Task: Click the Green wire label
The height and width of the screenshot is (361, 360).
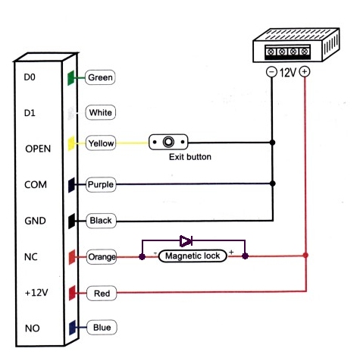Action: [x=100, y=77]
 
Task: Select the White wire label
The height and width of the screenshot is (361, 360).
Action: [x=101, y=112]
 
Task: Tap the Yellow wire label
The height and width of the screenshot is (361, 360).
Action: [x=101, y=143]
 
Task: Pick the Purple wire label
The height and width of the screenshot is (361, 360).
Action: [x=101, y=184]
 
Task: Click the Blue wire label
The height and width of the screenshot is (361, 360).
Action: [x=102, y=328]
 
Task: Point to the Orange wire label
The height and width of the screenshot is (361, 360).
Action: [x=102, y=257]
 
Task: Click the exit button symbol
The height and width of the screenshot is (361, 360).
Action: [x=168, y=142]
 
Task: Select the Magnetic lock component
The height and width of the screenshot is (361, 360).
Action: [x=193, y=256]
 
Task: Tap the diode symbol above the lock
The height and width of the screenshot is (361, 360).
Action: [x=186, y=241]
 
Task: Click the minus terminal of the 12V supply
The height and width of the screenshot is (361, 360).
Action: [x=271, y=72]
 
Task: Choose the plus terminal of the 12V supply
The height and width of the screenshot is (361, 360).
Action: [x=305, y=71]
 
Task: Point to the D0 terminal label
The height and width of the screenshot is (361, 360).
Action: [x=30, y=77]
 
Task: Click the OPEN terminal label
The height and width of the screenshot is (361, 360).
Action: [x=38, y=149]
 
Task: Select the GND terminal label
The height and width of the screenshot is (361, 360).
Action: [x=35, y=221]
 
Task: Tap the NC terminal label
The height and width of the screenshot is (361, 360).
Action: [x=31, y=257]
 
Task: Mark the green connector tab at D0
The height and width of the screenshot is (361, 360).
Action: [x=71, y=78]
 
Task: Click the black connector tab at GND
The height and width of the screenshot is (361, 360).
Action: [x=72, y=221]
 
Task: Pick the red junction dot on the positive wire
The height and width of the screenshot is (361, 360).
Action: [x=305, y=255]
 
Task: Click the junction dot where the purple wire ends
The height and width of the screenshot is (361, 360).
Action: [x=273, y=184]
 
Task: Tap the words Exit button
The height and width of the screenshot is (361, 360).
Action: [x=190, y=157]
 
